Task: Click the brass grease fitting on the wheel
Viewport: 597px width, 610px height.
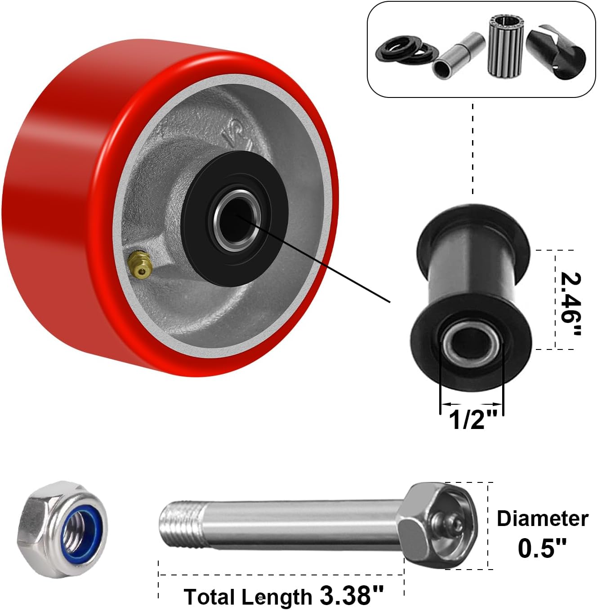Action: pos(140,264)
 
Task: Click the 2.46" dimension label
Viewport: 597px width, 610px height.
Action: pos(571,304)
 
